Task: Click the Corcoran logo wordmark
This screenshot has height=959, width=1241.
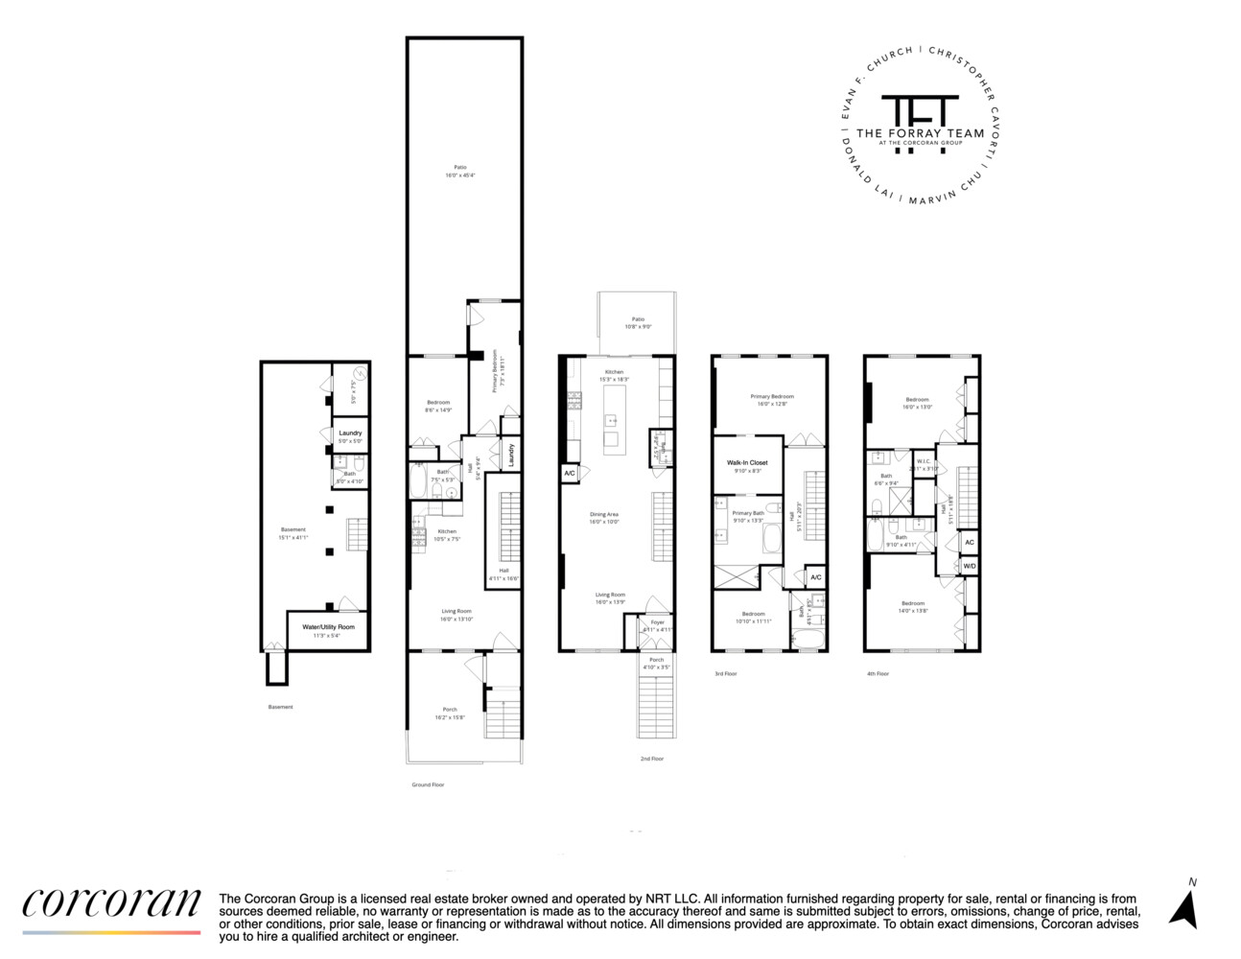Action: (111, 903)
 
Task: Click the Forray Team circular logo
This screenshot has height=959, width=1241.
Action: (919, 124)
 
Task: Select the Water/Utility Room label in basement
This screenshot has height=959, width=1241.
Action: (328, 627)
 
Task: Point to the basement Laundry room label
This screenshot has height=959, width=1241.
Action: (350, 433)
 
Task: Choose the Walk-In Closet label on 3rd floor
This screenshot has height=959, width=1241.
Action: (747, 463)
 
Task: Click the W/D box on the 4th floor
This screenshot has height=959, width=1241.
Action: (970, 566)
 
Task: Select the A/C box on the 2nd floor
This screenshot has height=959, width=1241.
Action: (569, 473)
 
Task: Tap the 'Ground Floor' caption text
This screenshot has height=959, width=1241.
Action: (428, 784)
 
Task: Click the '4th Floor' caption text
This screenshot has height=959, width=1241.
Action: (878, 673)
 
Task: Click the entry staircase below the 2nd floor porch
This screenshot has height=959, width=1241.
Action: (657, 704)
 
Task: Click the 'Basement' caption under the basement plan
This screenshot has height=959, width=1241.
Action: (281, 707)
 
